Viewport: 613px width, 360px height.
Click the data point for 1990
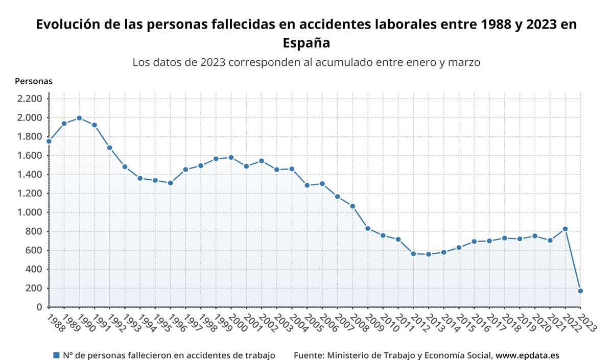point(79,118)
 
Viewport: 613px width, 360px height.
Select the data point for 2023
point(580,291)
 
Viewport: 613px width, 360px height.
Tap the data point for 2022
point(565,229)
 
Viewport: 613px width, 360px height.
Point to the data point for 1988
point(49,141)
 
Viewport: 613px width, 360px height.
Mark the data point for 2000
point(231,157)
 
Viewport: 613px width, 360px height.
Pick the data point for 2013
point(429,254)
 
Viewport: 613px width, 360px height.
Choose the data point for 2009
point(368,228)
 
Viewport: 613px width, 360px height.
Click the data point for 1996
point(171,183)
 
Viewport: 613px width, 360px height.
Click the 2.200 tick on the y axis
point(30,99)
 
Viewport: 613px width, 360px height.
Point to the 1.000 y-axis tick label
point(30,212)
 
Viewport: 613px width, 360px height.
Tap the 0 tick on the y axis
point(39,307)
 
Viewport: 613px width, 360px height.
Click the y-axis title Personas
point(34,81)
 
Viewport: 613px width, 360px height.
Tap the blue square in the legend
point(56,355)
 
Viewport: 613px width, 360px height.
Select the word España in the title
point(306,43)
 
